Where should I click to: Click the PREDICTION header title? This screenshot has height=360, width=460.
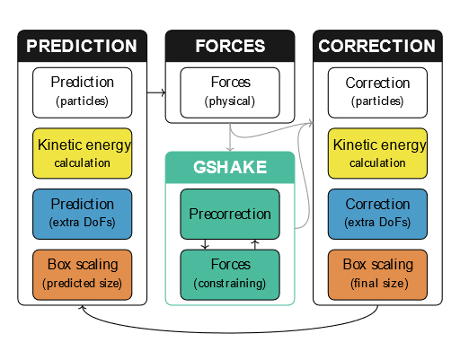pyautogui.click(x=82, y=46)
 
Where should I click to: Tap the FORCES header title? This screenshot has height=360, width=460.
pyautogui.click(x=230, y=46)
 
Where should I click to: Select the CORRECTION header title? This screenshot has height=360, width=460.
pyautogui.click(x=377, y=46)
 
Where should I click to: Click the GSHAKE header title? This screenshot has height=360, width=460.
pyautogui.click(x=230, y=167)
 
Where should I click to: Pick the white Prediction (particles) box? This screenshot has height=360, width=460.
pyautogui.click(x=83, y=92)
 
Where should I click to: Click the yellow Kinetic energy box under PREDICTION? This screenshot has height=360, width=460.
pyautogui.click(x=83, y=154)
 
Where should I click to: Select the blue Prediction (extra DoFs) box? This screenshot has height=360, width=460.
pyautogui.click(x=83, y=214)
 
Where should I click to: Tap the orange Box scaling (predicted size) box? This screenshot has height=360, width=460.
pyautogui.click(x=83, y=275)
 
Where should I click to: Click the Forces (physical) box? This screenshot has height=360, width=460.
pyautogui.click(x=230, y=92)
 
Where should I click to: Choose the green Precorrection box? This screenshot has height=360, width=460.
pyautogui.click(x=230, y=214)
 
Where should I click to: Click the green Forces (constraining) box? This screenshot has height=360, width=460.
pyautogui.click(x=230, y=275)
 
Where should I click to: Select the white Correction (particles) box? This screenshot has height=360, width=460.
pyautogui.click(x=377, y=92)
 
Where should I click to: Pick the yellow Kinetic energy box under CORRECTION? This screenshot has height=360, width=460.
pyautogui.click(x=377, y=154)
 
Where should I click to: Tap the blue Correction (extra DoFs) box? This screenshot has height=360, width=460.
pyautogui.click(x=377, y=214)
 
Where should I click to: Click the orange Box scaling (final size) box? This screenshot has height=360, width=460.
pyautogui.click(x=377, y=275)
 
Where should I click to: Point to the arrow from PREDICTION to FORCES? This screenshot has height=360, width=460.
pyautogui.click(x=156, y=92)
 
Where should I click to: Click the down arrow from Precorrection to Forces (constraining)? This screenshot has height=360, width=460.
pyautogui.click(x=205, y=244)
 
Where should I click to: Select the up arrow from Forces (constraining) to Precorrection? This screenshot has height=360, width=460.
pyautogui.click(x=255, y=244)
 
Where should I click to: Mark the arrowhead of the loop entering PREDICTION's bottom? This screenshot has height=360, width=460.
pyautogui.click(x=83, y=307)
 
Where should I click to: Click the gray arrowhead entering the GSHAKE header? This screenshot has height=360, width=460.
pyautogui.click(x=230, y=149)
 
